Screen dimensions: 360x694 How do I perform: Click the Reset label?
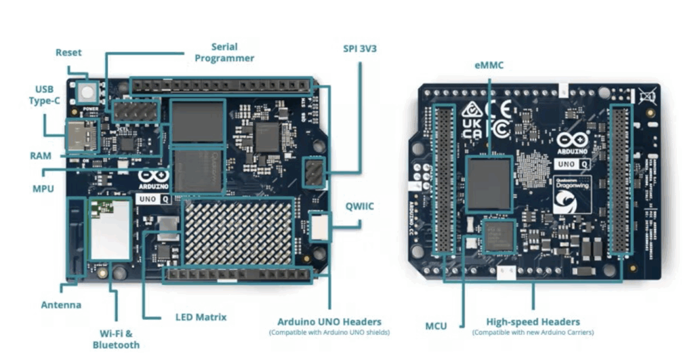point(68,52)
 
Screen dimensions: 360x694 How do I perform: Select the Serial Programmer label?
point(224,52)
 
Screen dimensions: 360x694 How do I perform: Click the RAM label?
point(41,155)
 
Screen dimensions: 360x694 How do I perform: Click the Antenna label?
point(61,305)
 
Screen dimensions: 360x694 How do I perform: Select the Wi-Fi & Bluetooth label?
point(116,339)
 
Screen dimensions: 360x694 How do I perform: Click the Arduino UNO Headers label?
point(329,321)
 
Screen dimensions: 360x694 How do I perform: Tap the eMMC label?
point(489,65)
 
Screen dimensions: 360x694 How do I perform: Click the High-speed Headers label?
point(533,321)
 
